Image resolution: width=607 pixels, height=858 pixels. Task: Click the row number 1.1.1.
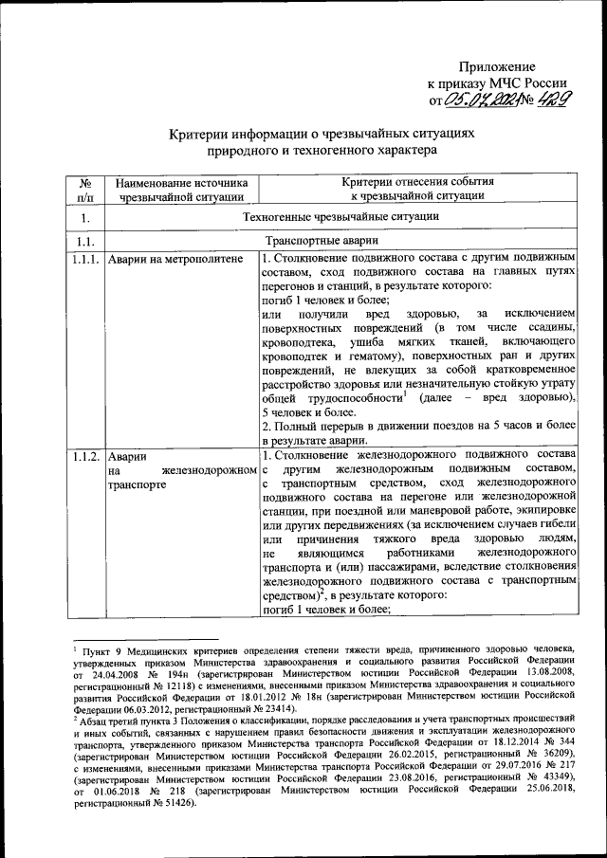(x=84, y=259)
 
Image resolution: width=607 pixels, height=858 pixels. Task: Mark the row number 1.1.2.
(x=84, y=457)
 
